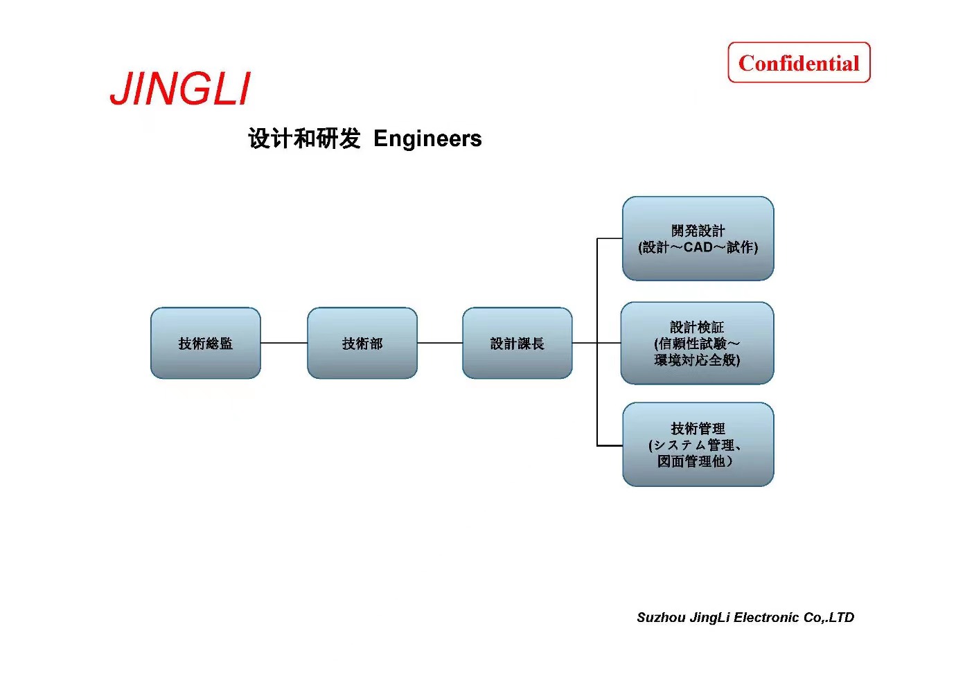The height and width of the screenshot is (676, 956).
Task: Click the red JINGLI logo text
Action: click(180, 89)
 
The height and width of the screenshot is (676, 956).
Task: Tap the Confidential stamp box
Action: click(799, 63)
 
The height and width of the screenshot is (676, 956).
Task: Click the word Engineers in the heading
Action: click(427, 139)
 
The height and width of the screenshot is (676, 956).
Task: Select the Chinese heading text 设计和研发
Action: click(304, 139)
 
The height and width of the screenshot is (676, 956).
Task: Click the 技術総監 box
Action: click(206, 344)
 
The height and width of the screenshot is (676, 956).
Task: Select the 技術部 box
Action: click(362, 344)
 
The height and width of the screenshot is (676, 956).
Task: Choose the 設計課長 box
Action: click(517, 344)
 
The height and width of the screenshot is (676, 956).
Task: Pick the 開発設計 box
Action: click(698, 238)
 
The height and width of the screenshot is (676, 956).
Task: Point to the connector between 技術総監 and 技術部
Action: click(284, 343)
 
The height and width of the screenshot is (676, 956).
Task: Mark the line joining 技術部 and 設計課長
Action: click(440, 343)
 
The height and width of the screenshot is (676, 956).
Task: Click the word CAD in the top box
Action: click(698, 247)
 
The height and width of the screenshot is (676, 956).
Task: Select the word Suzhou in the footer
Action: click(661, 617)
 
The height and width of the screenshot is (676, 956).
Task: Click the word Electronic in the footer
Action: click(767, 617)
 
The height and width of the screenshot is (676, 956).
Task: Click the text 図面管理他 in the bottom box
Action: click(691, 461)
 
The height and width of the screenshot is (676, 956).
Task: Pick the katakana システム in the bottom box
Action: click(679, 445)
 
